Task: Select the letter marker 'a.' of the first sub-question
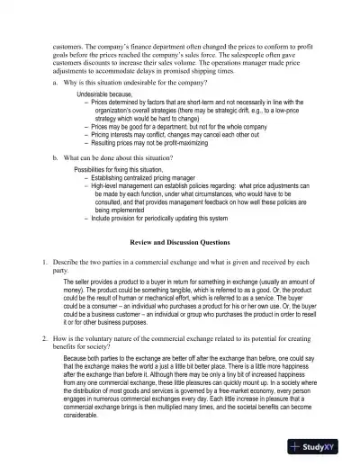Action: click(56, 83)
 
